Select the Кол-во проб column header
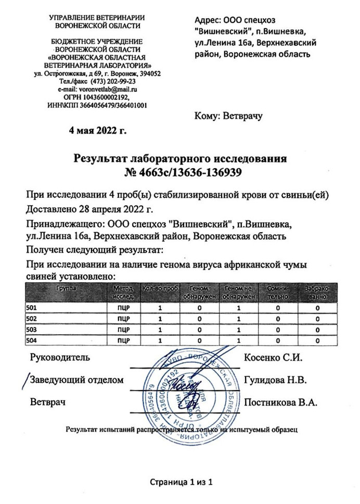(161, 288)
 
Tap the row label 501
(31, 308)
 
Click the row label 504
(31, 341)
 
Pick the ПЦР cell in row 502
(123, 319)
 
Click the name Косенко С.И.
(273, 358)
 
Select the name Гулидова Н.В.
(275, 380)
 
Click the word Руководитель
(60, 358)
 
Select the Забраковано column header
(317, 292)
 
